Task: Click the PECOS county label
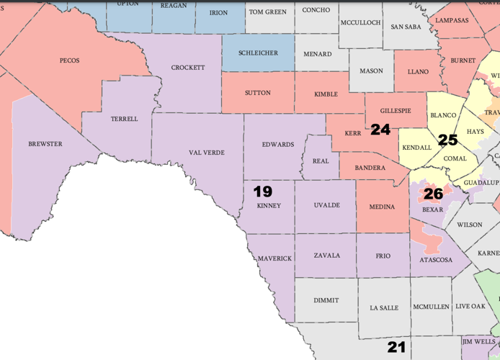[70, 60]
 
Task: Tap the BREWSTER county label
[45, 144]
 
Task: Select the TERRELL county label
[124, 119]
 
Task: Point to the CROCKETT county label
[188, 68]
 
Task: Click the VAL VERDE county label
[207, 153]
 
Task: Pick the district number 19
[262, 192]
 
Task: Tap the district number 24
[380, 130]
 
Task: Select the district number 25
[447, 140]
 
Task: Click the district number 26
[433, 194]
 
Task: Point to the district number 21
[396, 347]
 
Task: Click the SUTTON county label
[257, 93]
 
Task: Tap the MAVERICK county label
[274, 258]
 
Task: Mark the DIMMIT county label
[326, 300]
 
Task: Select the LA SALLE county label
[384, 308]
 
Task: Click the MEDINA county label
[382, 207]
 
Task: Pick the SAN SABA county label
[406, 27]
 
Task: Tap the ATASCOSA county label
[435, 260]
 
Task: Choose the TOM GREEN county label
[267, 12]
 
